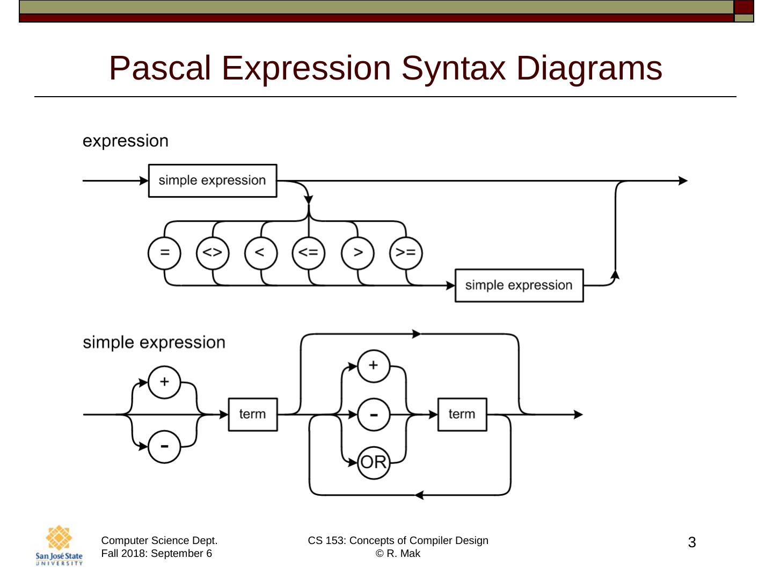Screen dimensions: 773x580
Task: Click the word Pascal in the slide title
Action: coord(160,68)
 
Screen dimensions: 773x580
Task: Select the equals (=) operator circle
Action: coord(164,253)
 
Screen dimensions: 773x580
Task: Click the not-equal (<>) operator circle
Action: coord(213,253)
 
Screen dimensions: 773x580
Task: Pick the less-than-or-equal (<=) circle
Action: coord(309,253)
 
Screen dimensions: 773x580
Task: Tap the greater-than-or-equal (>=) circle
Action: coord(406,253)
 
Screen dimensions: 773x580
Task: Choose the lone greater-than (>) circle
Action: coord(358,253)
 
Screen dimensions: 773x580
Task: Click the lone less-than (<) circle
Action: coord(261,253)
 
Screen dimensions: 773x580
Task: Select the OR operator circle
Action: coord(374,463)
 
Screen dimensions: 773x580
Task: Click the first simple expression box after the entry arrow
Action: coord(213,180)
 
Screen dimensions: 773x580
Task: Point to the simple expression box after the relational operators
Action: coord(519,286)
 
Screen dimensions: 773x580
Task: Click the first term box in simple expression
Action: coord(253,415)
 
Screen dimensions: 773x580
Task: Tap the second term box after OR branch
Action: coord(462,415)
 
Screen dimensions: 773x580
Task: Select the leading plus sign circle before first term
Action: coord(164,382)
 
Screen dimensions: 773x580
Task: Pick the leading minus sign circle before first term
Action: coord(164,447)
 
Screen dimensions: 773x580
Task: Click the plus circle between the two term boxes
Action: coord(374,366)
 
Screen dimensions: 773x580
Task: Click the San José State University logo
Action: coord(59,546)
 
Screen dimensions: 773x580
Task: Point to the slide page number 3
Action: coord(691,542)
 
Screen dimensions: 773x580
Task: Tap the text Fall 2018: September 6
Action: coord(157,554)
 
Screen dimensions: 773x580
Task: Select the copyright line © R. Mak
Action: coord(398,554)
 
